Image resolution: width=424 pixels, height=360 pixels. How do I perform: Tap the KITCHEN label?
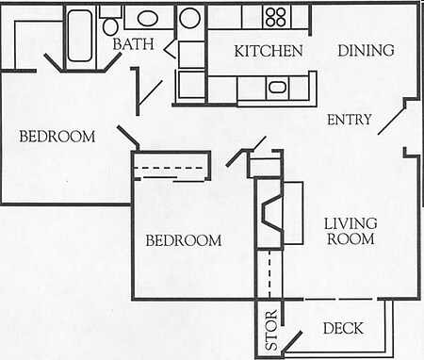click(x=269, y=51)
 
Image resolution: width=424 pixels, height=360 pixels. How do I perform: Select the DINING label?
click(x=366, y=51)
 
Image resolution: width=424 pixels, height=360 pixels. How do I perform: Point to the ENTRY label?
click(x=349, y=120)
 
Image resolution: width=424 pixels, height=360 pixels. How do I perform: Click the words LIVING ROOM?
click(x=351, y=231)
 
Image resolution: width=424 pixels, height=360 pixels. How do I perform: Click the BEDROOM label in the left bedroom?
click(x=57, y=137)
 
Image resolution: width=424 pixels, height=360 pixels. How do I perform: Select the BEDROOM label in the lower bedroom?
click(x=183, y=240)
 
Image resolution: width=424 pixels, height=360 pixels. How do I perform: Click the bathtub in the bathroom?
click(x=80, y=36)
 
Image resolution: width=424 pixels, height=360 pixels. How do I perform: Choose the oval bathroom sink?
click(x=149, y=18)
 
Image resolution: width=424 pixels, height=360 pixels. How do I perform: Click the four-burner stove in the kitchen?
click(x=275, y=17)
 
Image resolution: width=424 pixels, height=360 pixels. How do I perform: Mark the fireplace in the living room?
click(x=272, y=213)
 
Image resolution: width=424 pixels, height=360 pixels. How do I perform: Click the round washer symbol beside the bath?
click(x=189, y=18)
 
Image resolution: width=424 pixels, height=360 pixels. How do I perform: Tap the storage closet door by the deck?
click(x=291, y=341)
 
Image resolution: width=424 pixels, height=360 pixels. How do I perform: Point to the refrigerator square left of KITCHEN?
click(x=191, y=84)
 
